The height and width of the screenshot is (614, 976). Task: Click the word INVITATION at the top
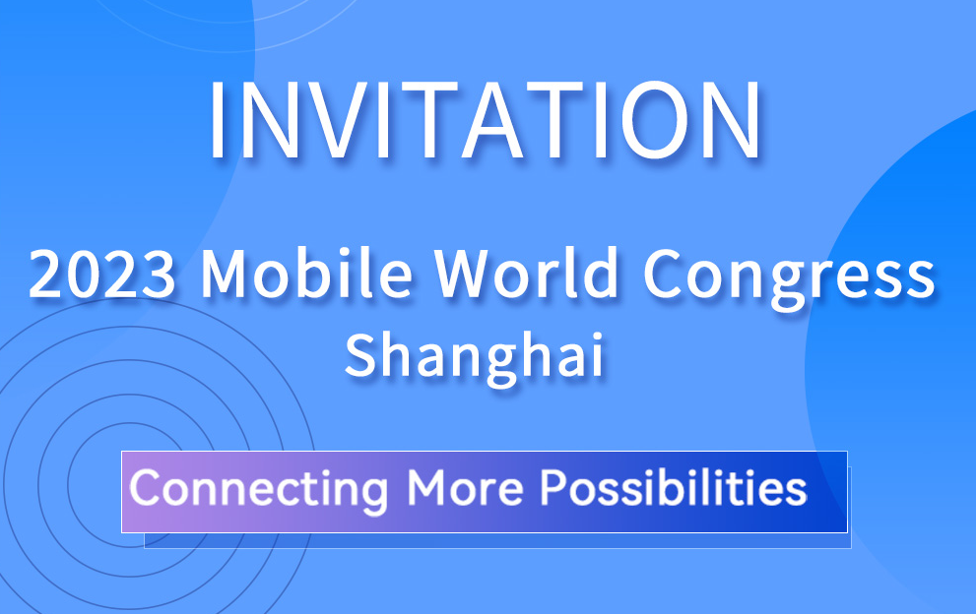tap(487, 119)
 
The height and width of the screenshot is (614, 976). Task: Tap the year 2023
tap(102, 274)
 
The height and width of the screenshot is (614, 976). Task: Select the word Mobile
tap(306, 273)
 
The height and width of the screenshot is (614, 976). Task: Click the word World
tap(526, 273)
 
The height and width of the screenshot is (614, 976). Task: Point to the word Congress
tap(789, 278)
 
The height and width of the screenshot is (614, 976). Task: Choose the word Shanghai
tap(475, 358)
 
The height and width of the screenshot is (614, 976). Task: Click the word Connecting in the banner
tap(259, 490)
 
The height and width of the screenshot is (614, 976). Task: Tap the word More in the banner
tap(466, 487)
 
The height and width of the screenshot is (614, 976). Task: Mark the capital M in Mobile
tap(226, 273)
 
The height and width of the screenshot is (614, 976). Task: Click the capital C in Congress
tap(664, 273)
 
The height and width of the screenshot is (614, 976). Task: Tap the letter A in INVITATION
tap(491, 119)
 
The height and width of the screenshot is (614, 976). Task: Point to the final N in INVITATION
tap(737, 119)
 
